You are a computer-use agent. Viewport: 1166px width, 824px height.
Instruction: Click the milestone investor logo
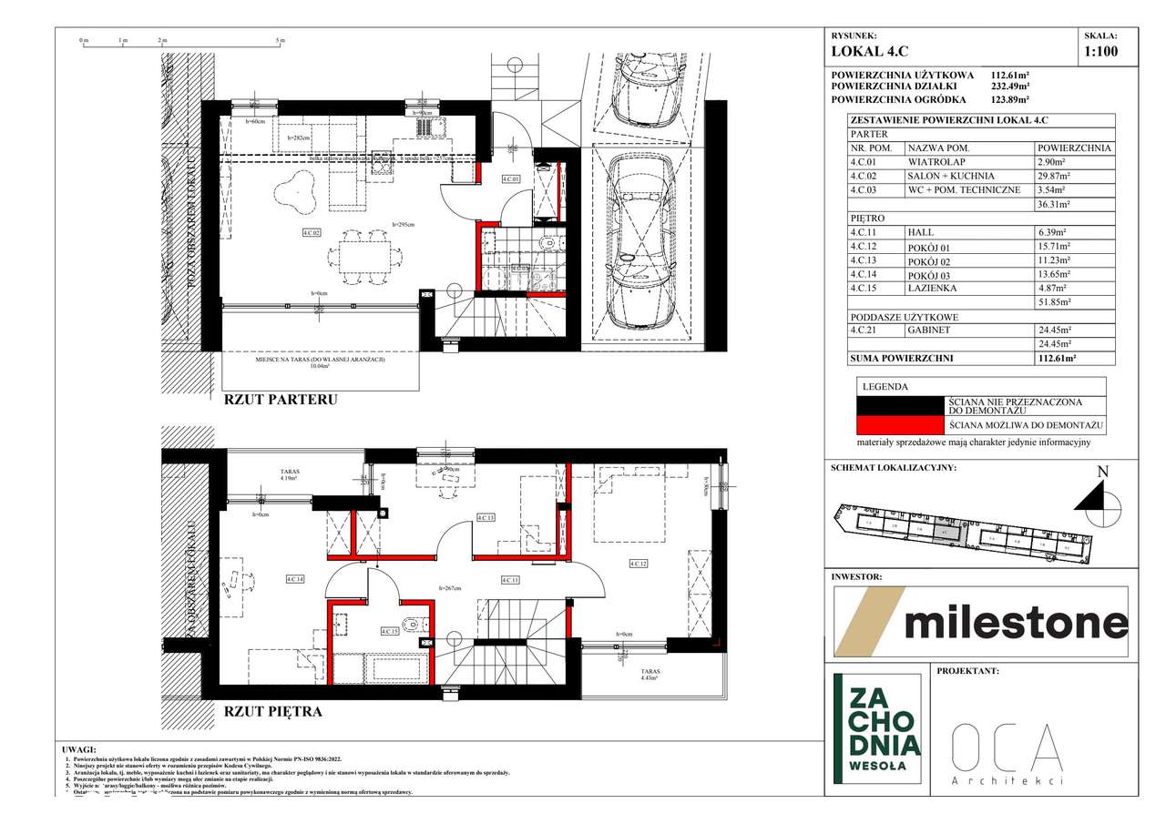[982, 622]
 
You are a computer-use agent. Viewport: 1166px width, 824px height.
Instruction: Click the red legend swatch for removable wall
[900, 425]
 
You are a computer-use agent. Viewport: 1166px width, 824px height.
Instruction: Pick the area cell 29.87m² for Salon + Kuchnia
[1055, 176]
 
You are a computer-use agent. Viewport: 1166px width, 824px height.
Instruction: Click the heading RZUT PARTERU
[281, 399]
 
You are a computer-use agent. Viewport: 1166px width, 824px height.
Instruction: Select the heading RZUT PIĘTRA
[272, 711]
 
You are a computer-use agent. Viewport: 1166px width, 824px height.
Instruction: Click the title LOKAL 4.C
[870, 53]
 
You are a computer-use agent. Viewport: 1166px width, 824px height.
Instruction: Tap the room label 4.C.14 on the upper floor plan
[294, 578]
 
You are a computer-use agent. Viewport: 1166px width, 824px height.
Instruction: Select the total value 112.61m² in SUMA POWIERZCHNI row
[1056, 359]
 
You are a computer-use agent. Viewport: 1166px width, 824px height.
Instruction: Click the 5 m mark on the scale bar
[281, 41]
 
